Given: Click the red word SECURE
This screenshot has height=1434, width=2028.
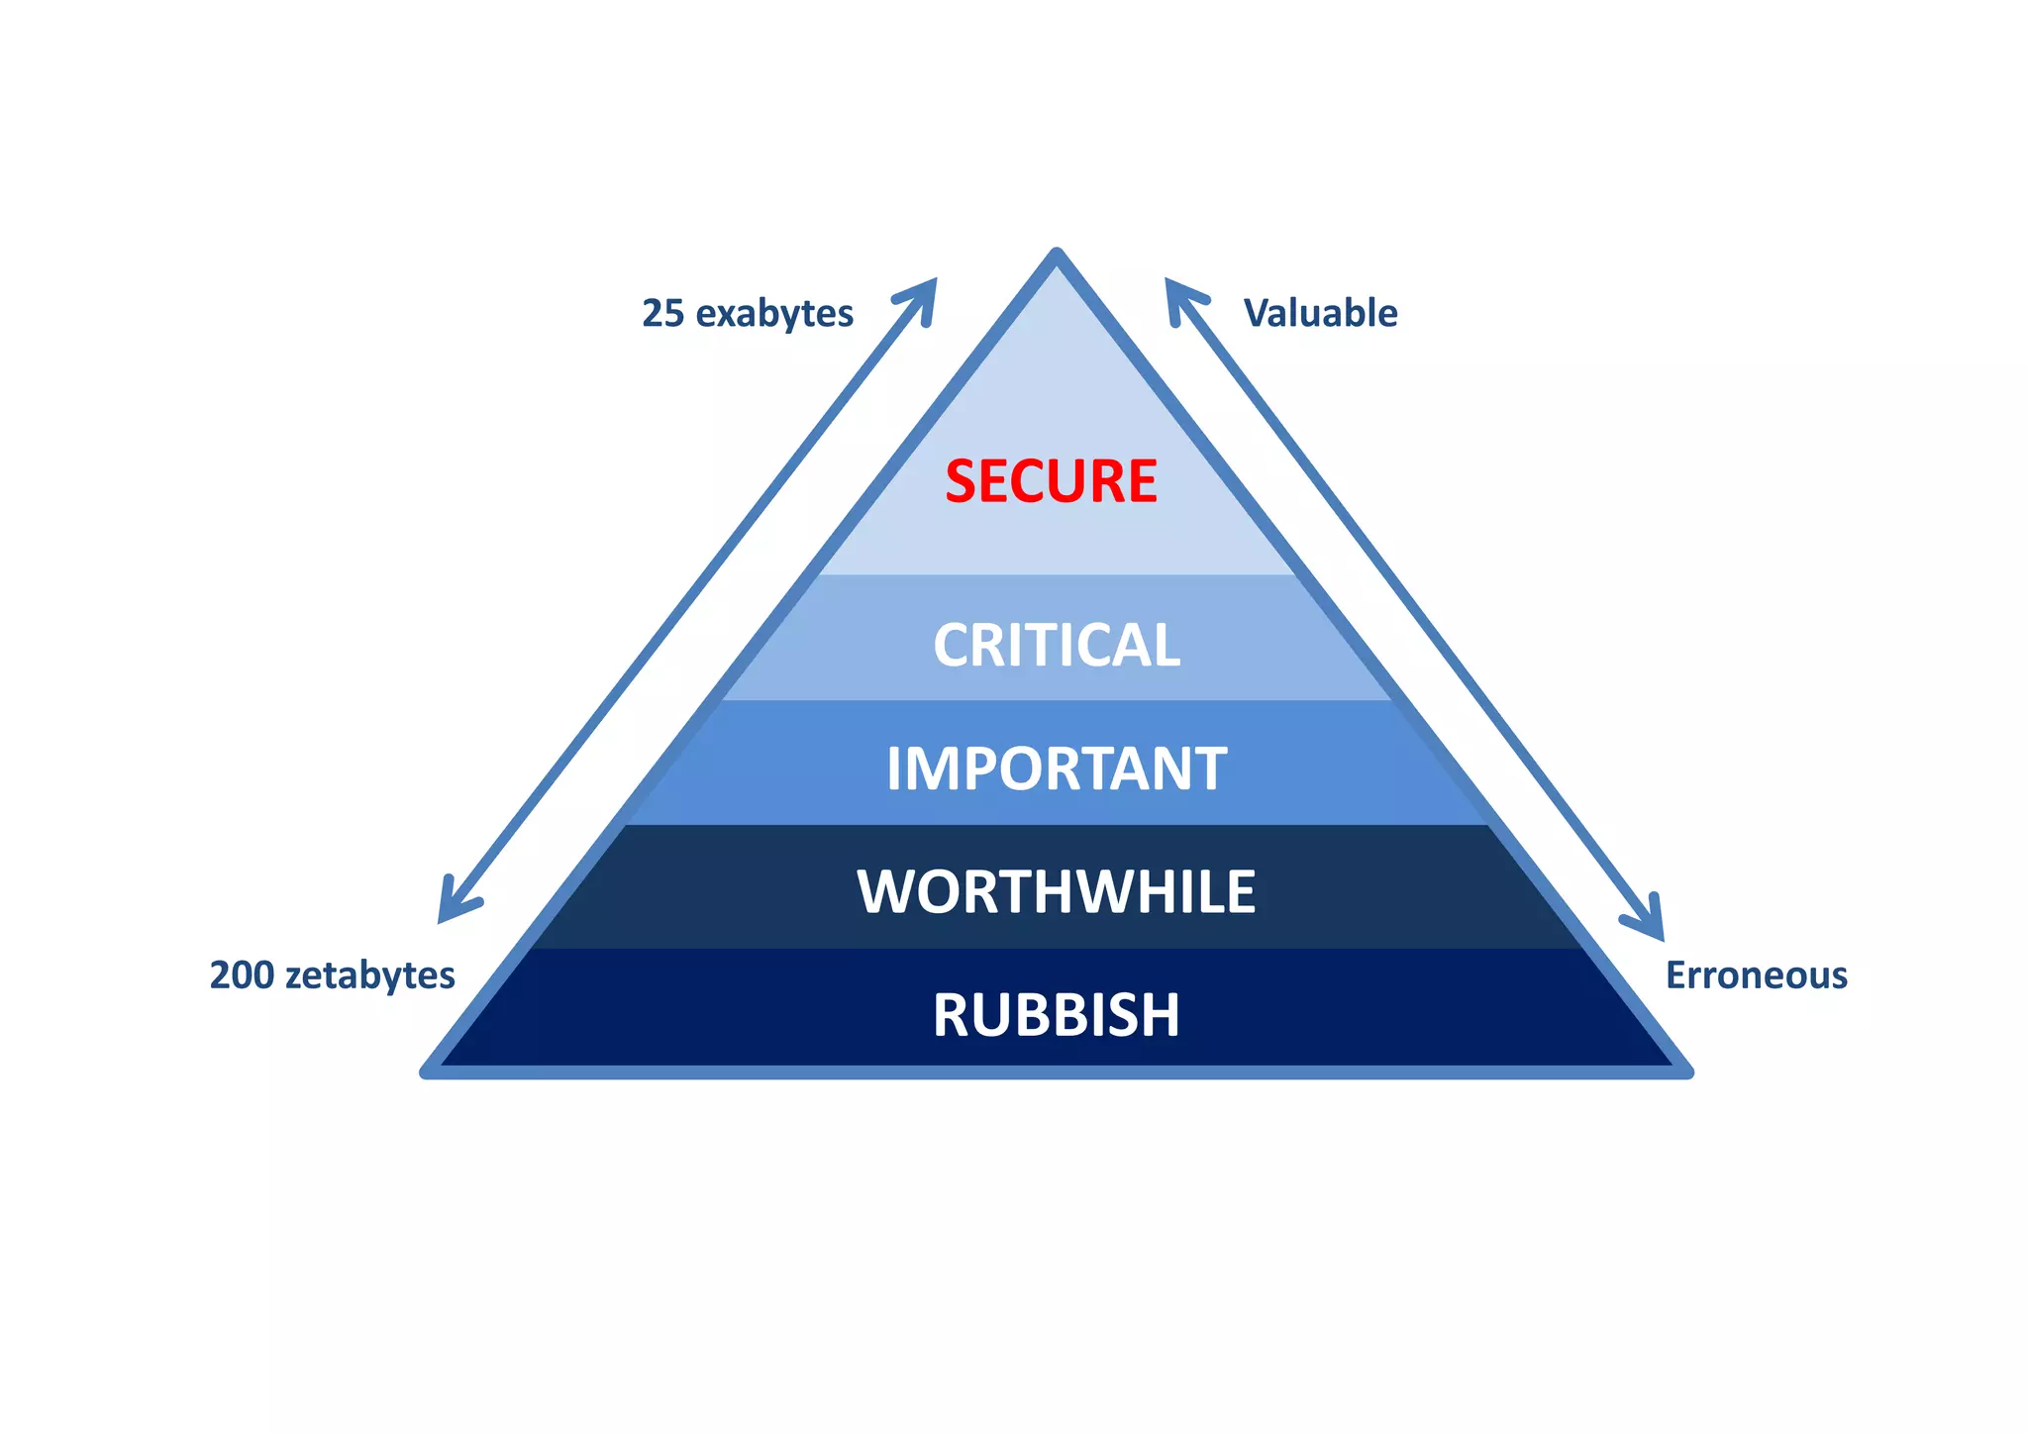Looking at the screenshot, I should (x=1051, y=481).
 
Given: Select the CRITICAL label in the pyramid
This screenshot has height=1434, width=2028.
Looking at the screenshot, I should (x=1057, y=646).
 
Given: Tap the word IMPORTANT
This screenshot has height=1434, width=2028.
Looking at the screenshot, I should (x=1057, y=768).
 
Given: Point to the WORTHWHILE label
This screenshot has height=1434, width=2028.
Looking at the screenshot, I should (x=1057, y=891).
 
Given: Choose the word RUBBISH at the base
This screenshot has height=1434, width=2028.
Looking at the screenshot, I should (x=1057, y=1015).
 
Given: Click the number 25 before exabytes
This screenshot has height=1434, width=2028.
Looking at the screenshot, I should (x=663, y=313).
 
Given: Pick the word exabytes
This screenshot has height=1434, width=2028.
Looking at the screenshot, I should (x=774, y=314).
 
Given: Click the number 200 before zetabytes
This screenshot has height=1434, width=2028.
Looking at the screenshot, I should (x=242, y=975).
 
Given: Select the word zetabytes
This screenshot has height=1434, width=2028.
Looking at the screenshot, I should (x=369, y=975).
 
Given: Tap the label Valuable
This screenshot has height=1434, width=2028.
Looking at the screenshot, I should (x=1320, y=313).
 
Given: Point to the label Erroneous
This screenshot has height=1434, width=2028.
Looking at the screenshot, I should (x=1756, y=975).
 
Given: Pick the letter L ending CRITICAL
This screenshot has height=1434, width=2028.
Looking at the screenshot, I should (x=1166, y=646).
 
